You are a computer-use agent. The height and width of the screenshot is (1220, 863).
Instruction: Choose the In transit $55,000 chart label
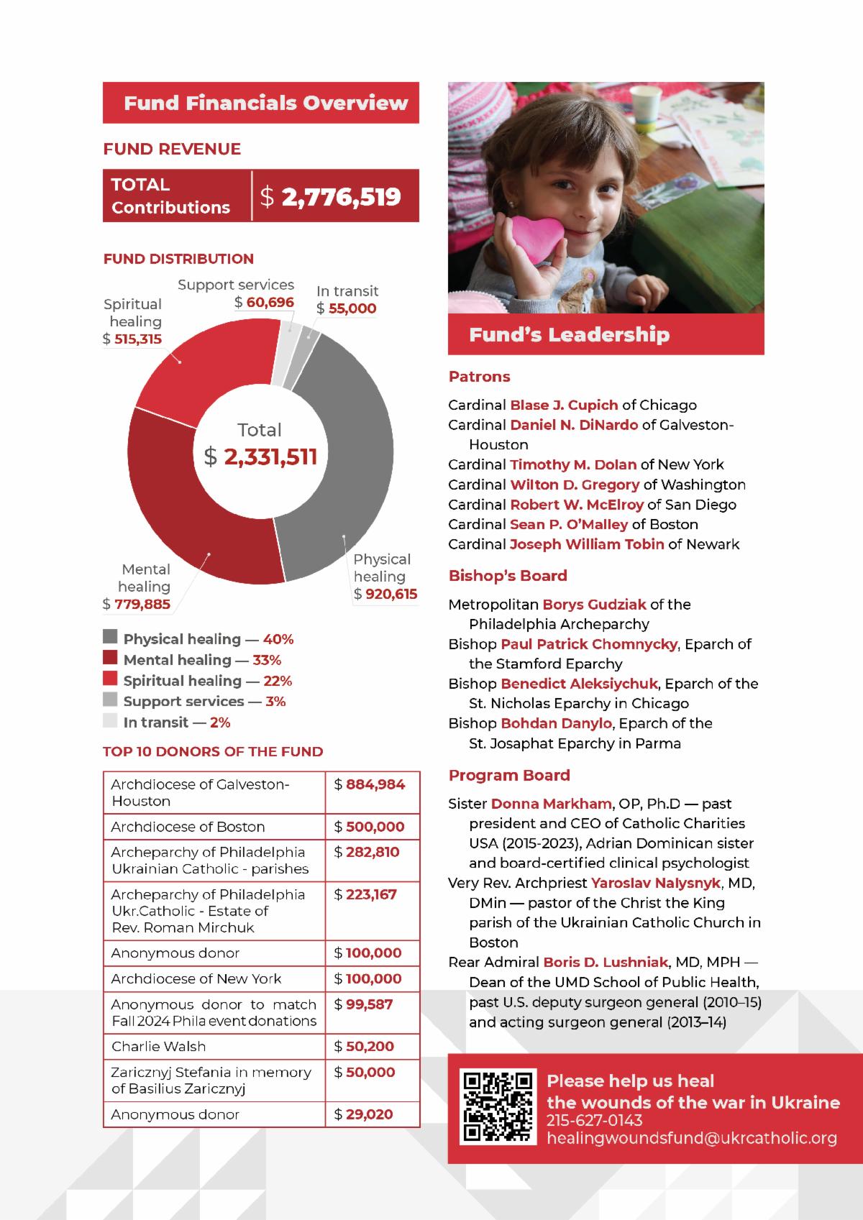pyautogui.click(x=347, y=300)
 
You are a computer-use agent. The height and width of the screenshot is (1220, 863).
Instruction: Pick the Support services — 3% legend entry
pyautogui.click(x=204, y=702)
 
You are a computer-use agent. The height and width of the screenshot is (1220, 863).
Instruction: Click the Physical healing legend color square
pyautogui.click(x=110, y=638)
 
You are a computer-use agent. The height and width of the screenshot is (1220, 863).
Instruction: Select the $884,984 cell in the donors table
pyautogui.click(x=370, y=784)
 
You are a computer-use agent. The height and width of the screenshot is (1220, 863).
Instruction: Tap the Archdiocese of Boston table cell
pyautogui.click(x=188, y=827)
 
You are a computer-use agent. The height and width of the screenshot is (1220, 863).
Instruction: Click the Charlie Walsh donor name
pyautogui.click(x=159, y=1046)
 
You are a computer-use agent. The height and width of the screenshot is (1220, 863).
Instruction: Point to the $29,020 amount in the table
pyautogui.click(x=364, y=1114)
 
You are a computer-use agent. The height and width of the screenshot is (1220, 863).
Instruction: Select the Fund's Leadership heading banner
pyautogui.click(x=606, y=334)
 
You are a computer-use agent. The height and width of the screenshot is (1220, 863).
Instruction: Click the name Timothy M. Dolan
pyautogui.click(x=573, y=464)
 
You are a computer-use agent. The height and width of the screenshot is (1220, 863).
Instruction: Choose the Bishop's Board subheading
pyautogui.click(x=508, y=576)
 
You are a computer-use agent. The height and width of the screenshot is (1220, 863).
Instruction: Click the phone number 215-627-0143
pyautogui.click(x=595, y=1121)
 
